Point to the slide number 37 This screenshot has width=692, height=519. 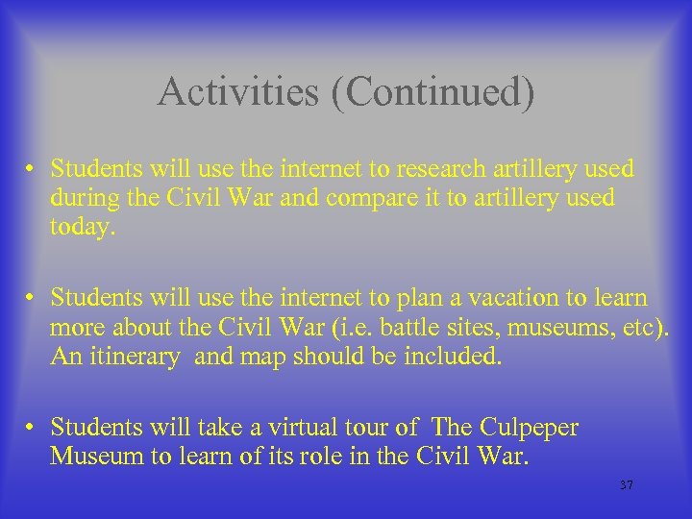627,485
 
